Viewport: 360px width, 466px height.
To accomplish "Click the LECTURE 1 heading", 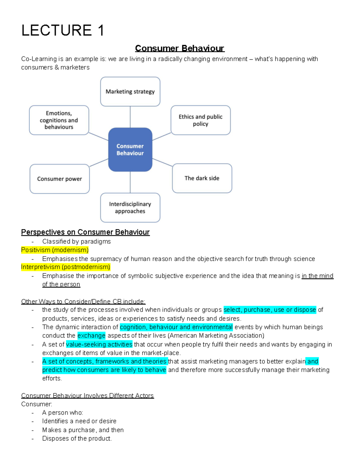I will pos(63,30).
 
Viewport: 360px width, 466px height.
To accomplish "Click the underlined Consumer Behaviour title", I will pos(179,48).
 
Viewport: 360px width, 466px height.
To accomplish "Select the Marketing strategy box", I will pos(130,92).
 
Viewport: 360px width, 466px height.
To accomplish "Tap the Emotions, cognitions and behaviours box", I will pos(59,120).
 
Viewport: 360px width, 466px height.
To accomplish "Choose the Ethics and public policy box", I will pos(200,120).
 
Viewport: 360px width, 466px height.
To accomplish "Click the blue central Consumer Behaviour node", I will pos(130,149).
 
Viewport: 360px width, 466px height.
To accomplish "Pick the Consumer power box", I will pos(59,179).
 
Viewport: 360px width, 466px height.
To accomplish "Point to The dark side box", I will pos(202,178).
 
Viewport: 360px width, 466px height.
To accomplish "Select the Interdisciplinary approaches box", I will pos(130,208).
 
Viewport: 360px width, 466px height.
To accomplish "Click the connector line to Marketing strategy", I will pos(130,117).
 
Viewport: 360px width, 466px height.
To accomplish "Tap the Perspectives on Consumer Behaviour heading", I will pos(85,232).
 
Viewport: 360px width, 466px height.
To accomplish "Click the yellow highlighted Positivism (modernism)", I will pos(55,250).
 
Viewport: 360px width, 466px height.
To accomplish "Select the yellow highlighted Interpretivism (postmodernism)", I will pos(66,267).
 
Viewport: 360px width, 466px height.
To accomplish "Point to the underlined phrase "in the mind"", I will pos(317,276).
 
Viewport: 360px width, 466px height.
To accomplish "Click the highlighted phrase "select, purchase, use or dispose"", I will pos(270,310).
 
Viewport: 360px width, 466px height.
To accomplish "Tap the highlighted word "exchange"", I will pos(91,335).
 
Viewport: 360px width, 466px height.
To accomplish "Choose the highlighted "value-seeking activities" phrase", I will pos(99,344).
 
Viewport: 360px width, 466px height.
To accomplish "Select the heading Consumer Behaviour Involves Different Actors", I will pos(87,396).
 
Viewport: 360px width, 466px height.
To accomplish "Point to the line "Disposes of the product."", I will pos(77,438).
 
